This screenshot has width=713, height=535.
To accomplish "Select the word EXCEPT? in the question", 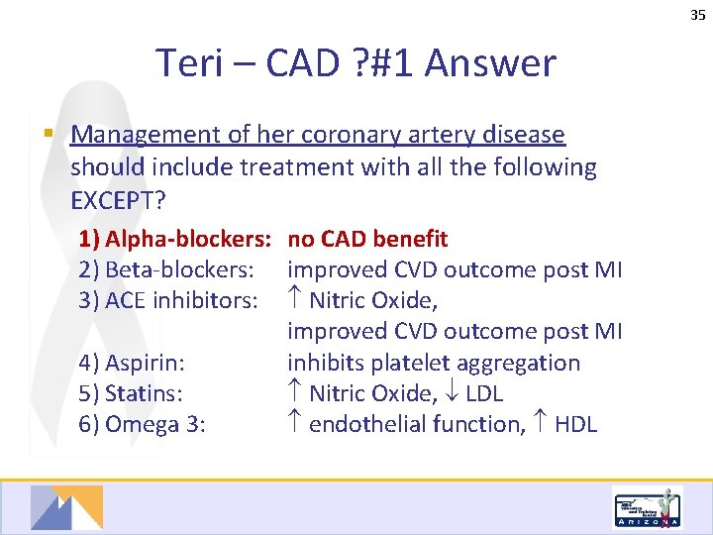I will [119, 200].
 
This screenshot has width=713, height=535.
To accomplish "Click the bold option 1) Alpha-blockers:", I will [176, 239].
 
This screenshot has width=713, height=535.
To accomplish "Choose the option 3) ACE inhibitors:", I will [169, 300].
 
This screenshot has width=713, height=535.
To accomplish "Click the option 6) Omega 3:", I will [142, 424].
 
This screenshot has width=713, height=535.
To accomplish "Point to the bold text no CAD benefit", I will [367, 239].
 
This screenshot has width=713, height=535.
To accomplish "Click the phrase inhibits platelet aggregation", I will [434, 363].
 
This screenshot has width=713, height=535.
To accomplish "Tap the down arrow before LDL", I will [451, 393].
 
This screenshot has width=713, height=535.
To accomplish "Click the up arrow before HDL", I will [541, 424].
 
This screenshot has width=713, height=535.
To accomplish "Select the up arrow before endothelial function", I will [295, 424].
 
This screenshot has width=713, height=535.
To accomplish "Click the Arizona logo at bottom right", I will [648, 508].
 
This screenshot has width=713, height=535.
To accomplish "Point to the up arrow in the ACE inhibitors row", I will [295, 300].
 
